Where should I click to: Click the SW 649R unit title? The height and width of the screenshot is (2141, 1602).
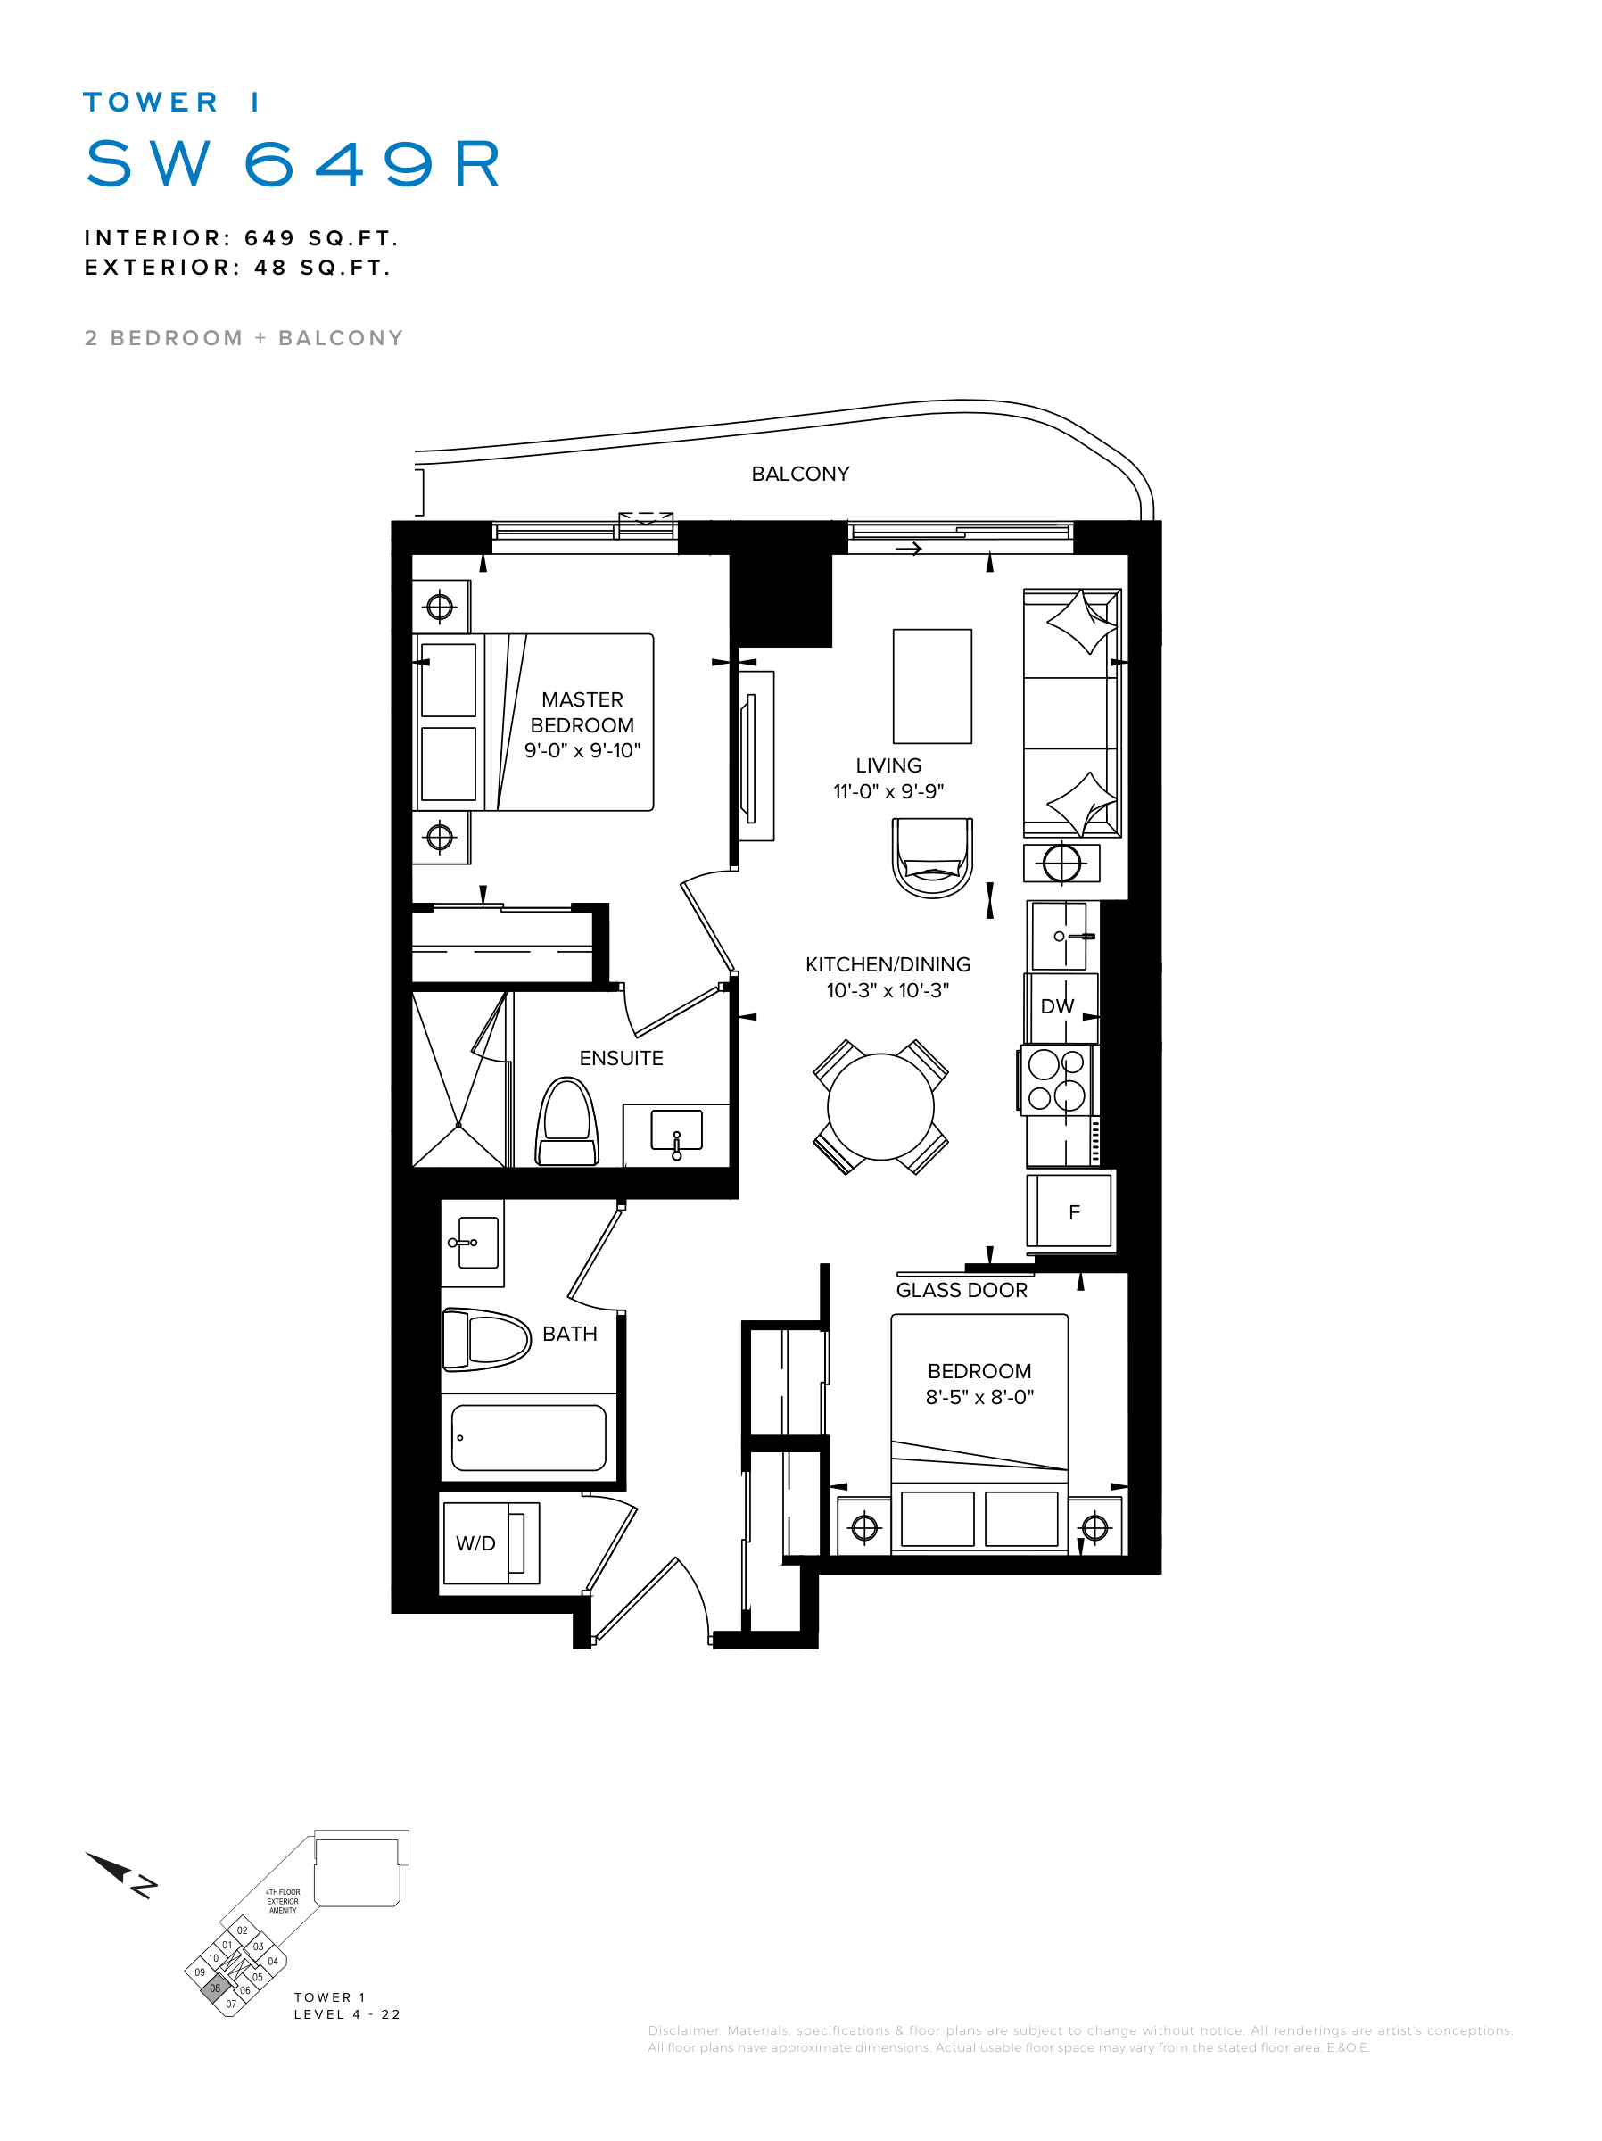293,162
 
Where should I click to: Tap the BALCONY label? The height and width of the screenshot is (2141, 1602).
799,475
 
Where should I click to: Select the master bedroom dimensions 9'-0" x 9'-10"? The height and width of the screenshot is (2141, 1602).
582,750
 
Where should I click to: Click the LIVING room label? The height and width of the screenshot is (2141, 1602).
888,765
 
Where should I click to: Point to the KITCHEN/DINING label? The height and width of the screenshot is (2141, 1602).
888,965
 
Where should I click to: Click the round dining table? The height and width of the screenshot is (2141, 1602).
879,1106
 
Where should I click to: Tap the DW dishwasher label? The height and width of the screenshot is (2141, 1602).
1057,1006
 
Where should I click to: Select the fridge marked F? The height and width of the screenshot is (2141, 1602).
1070,1211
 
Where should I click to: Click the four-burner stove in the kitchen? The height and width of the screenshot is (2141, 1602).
1056,1080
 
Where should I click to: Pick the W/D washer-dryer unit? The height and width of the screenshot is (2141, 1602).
490,1542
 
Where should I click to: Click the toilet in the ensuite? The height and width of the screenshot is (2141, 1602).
567,1123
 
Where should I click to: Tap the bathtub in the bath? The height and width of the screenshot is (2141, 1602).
529,1437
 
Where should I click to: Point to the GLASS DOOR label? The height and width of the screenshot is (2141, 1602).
962,1290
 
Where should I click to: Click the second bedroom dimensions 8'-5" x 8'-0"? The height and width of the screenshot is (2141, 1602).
979,1397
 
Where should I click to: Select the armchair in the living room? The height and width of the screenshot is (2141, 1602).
932,857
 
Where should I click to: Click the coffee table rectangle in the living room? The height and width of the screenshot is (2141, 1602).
932,686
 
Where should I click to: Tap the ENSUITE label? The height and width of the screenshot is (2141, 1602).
621,1059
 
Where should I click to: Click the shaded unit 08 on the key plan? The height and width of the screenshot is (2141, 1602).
215,1988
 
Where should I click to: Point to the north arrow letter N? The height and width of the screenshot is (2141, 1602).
144,1887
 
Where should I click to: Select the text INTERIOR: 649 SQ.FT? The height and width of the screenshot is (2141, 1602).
241,238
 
